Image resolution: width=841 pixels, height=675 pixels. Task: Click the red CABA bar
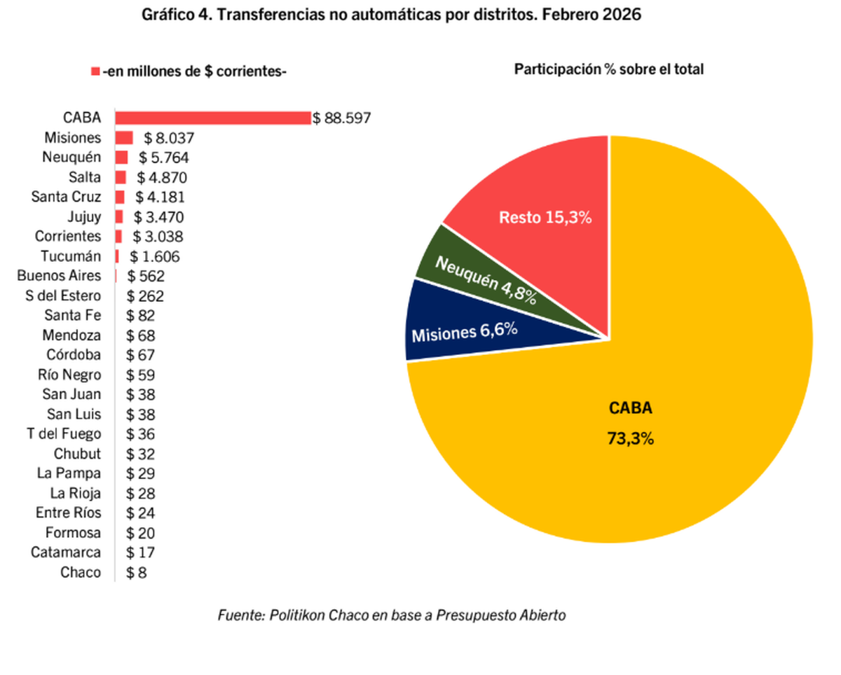[212, 118]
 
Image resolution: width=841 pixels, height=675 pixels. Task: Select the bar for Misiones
[124, 138]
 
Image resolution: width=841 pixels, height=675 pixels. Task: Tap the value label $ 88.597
[342, 118]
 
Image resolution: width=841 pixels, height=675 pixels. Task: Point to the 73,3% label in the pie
[630, 439]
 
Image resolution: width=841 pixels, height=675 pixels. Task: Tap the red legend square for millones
[95, 71]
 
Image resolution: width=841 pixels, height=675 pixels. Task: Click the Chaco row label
[81, 572]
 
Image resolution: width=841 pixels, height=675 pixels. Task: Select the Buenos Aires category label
[59, 275]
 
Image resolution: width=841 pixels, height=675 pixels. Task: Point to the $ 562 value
[146, 276]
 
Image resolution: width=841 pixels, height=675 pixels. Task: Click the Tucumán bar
[117, 256]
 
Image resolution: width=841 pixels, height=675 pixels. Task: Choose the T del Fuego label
[64, 434]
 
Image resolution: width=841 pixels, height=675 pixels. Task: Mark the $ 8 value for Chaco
[137, 573]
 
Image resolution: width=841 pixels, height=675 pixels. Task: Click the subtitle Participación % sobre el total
[609, 69]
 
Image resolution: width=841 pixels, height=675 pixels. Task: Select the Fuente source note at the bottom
[392, 615]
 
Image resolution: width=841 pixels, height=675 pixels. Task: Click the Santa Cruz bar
[120, 197]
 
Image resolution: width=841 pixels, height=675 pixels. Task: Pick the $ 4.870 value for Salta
[163, 177]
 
